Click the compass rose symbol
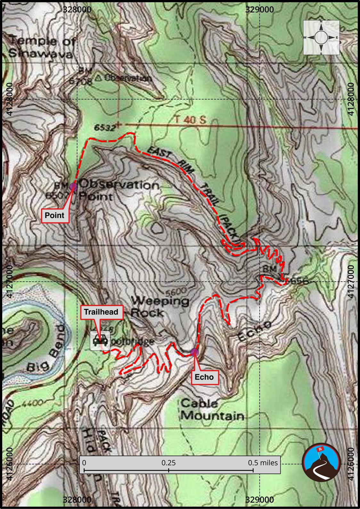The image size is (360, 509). pyautogui.click(x=321, y=37)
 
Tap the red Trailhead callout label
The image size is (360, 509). pyautogui.click(x=101, y=312)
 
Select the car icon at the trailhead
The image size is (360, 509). pyautogui.click(x=100, y=341)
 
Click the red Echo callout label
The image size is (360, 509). pyautogui.click(x=204, y=377)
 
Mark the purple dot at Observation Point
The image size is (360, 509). pyautogui.click(x=74, y=187)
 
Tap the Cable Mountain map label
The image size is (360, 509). pyautogui.click(x=212, y=410)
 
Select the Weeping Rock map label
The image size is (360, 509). pyautogui.click(x=160, y=306)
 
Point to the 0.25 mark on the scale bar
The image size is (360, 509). pyautogui.click(x=168, y=463)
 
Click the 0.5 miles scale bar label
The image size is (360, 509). pyautogui.click(x=263, y=463)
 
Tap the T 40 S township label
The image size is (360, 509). pyautogui.click(x=191, y=120)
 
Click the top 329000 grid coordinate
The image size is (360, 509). pyautogui.click(x=259, y=10)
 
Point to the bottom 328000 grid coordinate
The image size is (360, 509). pyautogui.click(x=77, y=499)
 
